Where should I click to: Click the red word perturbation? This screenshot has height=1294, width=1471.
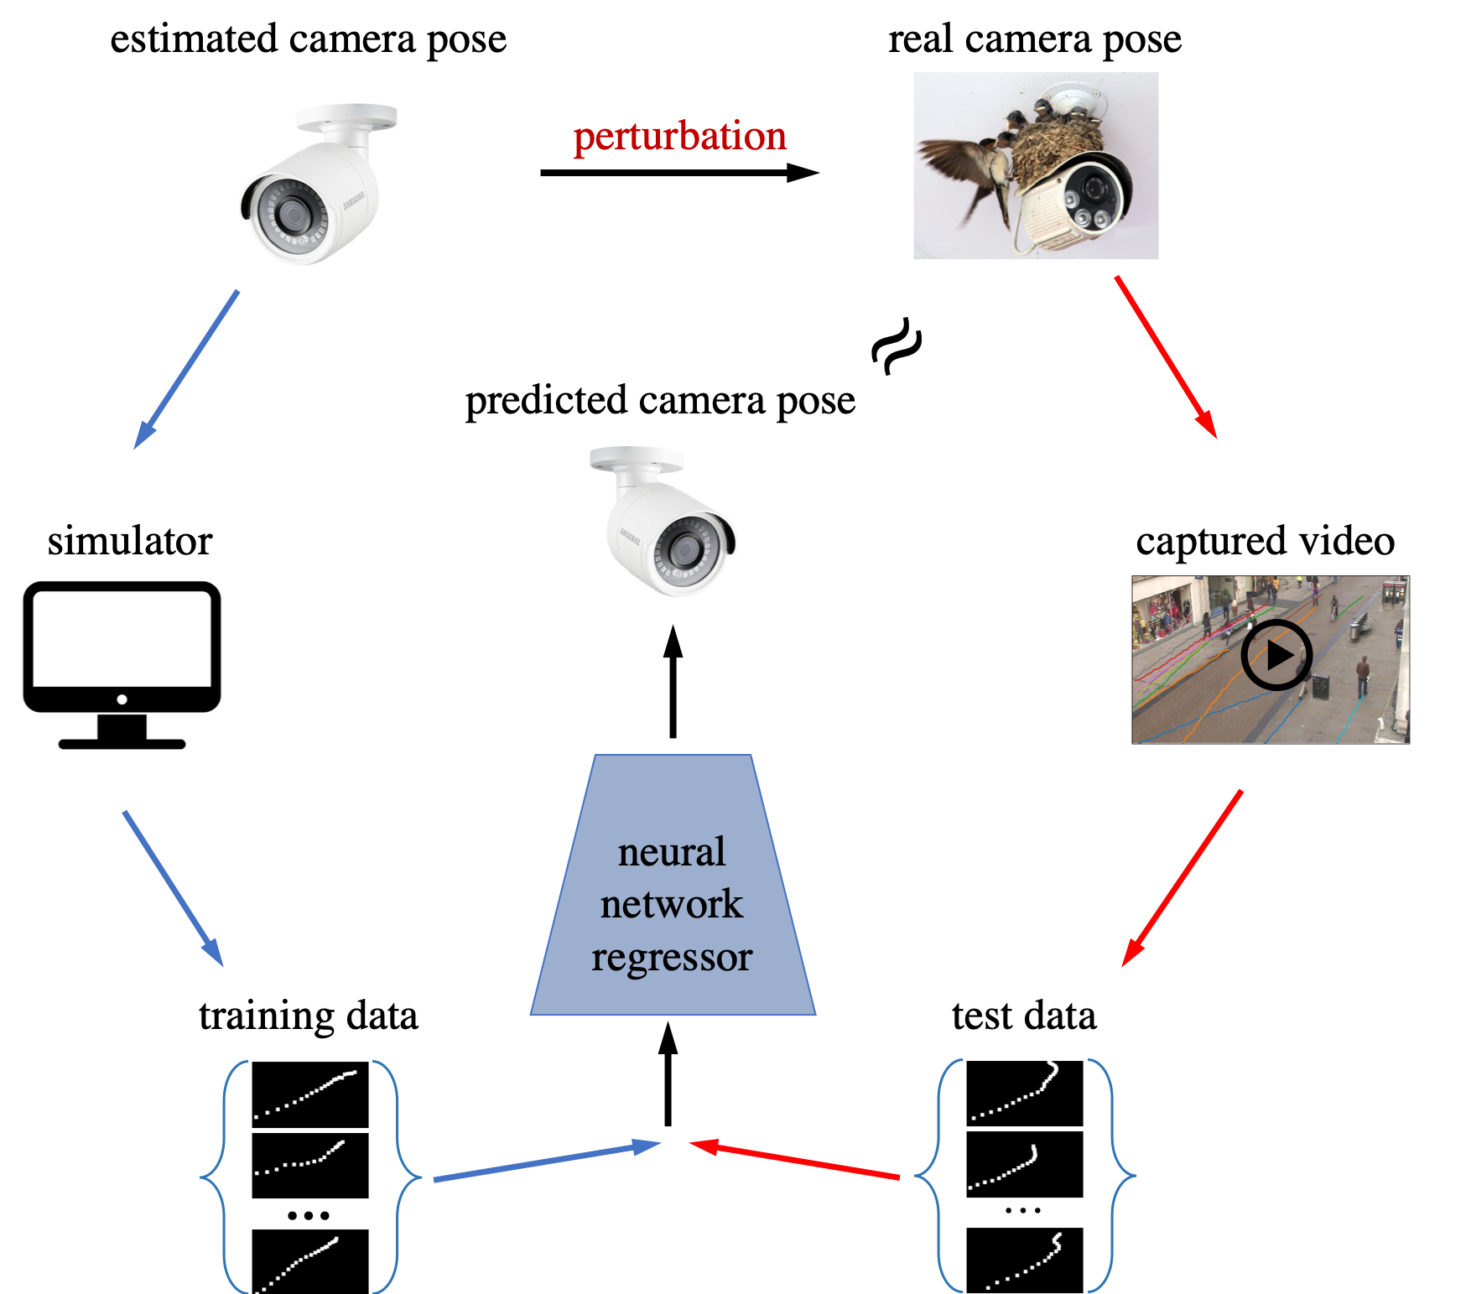tap(679, 137)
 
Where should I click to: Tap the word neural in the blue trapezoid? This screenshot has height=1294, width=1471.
tap(672, 852)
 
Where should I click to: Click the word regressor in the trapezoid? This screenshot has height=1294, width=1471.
tap(672, 957)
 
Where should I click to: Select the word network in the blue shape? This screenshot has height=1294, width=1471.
tap(672, 904)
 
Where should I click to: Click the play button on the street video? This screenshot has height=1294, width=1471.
tap(1276, 654)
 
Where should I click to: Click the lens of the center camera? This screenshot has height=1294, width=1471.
tap(686, 550)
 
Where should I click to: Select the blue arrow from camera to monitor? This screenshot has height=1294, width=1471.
tap(186, 370)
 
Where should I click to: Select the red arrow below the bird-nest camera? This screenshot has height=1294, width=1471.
tap(1166, 356)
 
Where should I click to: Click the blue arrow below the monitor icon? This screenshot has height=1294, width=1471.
tap(173, 888)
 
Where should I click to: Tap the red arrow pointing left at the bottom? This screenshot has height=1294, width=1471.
tap(793, 1160)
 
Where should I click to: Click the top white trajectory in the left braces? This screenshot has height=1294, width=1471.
tap(306, 1094)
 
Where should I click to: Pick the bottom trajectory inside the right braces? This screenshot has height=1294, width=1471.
tap(1025, 1262)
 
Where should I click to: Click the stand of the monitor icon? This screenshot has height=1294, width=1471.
tap(122, 732)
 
